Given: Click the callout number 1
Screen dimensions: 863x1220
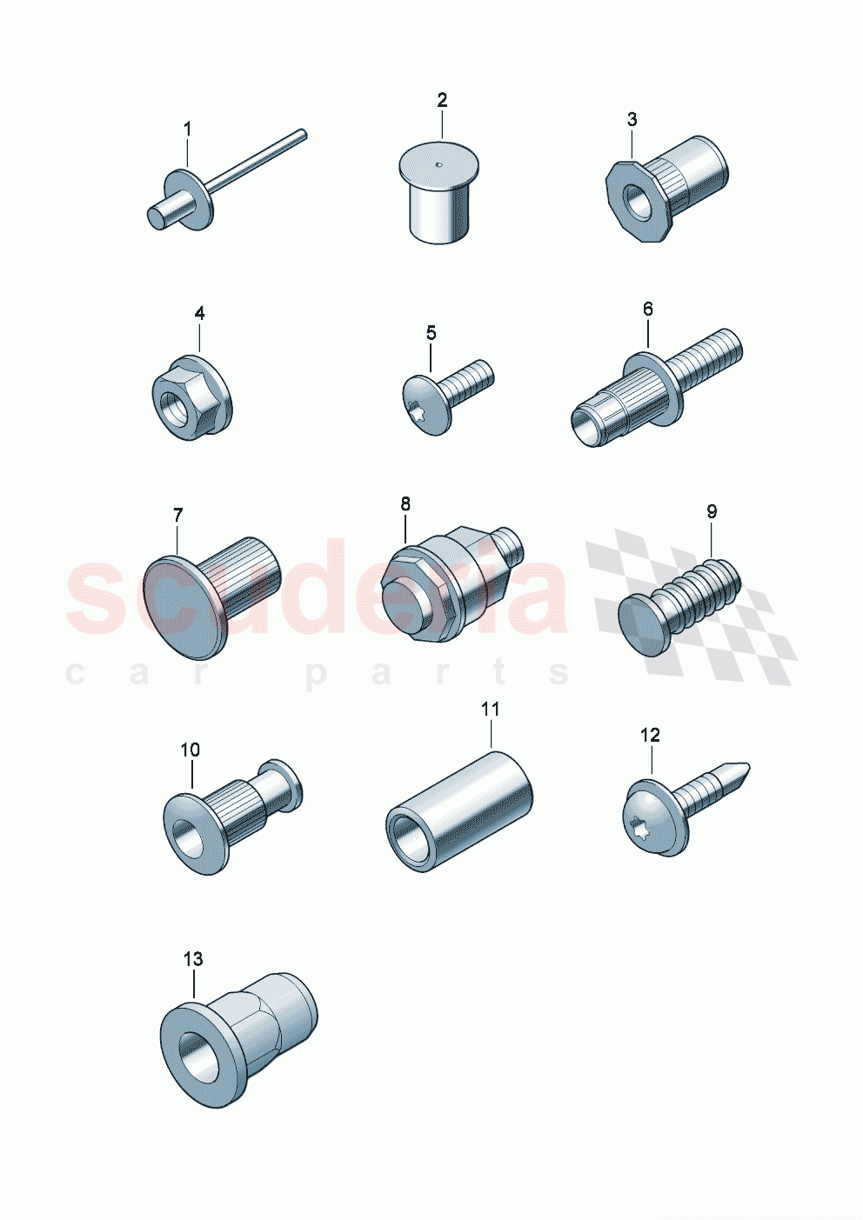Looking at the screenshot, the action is [x=187, y=130].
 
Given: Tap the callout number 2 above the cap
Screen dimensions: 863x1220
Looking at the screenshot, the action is [x=442, y=100].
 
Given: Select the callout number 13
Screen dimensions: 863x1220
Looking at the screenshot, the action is [x=193, y=958].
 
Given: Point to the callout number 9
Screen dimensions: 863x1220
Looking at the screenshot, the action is [x=712, y=511].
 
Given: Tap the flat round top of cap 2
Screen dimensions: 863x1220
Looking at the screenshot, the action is [x=438, y=163].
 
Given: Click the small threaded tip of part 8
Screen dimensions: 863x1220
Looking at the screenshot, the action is [x=512, y=545].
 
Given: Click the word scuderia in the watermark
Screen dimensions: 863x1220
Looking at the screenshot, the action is [x=317, y=587].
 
